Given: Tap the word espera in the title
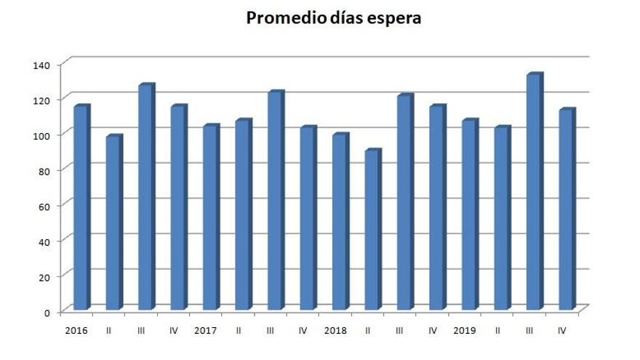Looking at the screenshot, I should coord(394,19).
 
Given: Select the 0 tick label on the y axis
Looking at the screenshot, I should coord(47,312).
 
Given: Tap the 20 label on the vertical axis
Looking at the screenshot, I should coord(44,277).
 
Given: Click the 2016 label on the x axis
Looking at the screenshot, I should coord(76,330).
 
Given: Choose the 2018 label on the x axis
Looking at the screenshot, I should coord(335,330).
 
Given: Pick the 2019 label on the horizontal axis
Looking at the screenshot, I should coord(465,330).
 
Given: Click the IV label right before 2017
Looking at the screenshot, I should coord(173,330).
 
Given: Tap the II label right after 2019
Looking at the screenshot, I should coord(497,330).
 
